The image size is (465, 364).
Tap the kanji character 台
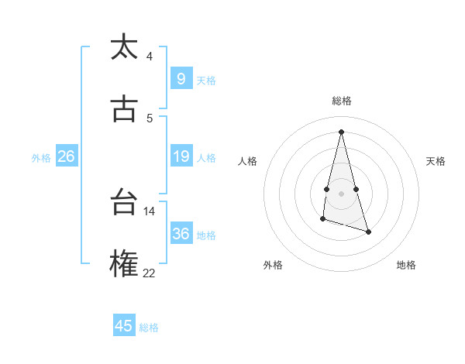point(124,203)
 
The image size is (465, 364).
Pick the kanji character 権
point(124,263)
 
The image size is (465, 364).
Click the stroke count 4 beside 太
point(150,57)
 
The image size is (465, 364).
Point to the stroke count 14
point(149,211)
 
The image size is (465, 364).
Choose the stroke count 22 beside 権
point(149,272)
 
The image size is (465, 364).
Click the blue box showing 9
point(181,79)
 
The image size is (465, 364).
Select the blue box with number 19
point(181,156)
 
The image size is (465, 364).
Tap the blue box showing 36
point(181,234)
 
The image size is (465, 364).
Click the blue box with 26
point(66,156)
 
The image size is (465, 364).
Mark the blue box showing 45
point(124,326)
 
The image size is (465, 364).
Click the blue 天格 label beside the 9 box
point(206,81)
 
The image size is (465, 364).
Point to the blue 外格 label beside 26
point(41,158)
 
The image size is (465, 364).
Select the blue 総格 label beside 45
point(149,328)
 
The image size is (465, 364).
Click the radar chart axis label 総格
point(341,101)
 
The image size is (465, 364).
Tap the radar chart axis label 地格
point(406,265)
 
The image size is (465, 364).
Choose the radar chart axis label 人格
point(247,161)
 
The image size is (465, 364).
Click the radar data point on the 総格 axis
point(341,132)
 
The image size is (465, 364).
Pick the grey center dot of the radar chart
point(341,193)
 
